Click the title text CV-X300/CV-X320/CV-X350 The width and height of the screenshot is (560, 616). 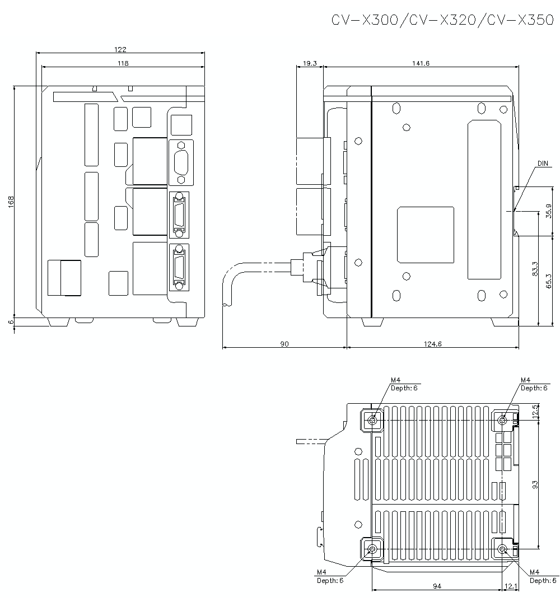(442, 21)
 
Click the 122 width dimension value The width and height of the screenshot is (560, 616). (120, 49)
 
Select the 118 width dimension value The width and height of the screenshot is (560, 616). (123, 63)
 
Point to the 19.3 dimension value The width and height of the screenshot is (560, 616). (310, 63)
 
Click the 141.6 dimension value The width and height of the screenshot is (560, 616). (420, 63)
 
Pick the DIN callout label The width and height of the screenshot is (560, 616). (543, 164)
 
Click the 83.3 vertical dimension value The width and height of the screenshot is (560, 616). (535, 269)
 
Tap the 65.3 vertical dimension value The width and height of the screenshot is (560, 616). (549, 281)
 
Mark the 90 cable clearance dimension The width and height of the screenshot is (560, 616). (284, 344)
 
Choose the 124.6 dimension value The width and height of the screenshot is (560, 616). (432, 344)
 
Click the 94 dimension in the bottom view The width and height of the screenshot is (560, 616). (437, 586)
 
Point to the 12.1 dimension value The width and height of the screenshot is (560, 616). (511, 586)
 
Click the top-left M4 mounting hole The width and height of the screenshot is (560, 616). (372, 420)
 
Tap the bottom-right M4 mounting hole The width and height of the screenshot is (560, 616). (503, 549)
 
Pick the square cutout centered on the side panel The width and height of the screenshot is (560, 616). (425, 235)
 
